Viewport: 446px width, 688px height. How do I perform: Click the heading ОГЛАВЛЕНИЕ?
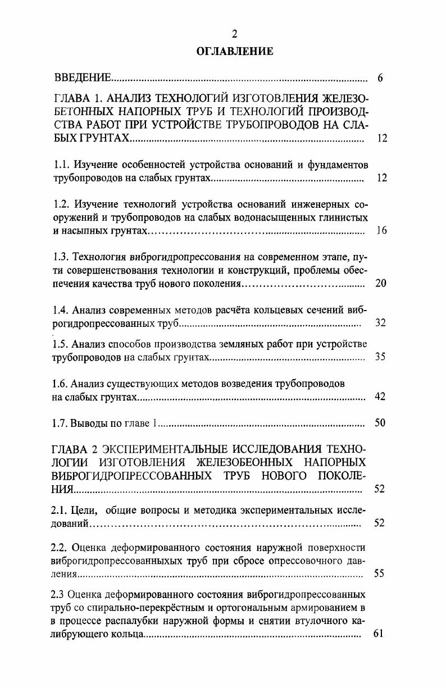click(235, 52)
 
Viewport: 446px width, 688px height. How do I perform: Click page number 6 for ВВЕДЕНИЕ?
click(380, 78)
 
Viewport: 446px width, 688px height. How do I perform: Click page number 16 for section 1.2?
click(381, 231)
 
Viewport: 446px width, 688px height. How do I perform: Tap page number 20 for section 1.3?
click(380, 283)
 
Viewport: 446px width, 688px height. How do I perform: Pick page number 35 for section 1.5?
click(380, 357)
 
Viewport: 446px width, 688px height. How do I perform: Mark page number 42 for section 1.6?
click(380, 397)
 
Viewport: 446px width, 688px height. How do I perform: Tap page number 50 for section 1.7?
click(380, 423)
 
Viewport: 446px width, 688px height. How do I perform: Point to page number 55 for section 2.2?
click(379, 573)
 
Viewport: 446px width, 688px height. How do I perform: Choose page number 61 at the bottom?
click(378, 634)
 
